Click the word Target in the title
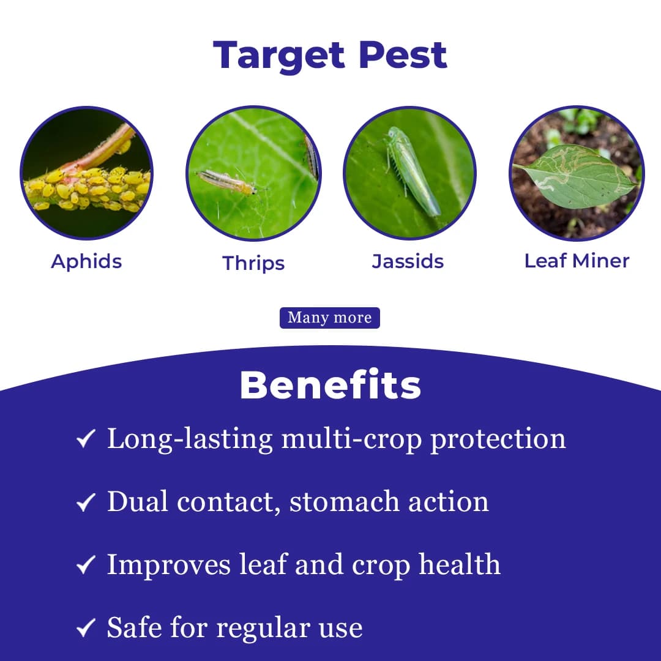(x=280, y=56)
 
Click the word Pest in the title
(x=403, y=56)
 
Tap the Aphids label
(x=86, y=261)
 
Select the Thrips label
(x=253, y=263)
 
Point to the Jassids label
(x=408, y=261)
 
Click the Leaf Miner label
(x=577, y=261)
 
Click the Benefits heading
(x=330, y=385)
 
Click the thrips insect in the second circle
(x=226, y=182)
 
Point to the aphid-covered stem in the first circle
(x=86, y=187)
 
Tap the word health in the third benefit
(x=459, y=564)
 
